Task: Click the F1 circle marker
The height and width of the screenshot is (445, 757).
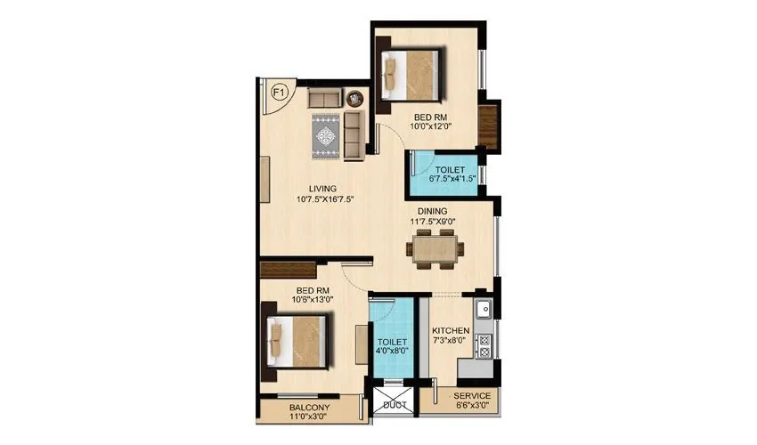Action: tap(278, 92)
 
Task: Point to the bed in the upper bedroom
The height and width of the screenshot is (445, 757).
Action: tap(411, 77)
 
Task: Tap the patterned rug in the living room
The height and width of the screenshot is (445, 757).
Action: tap(326, 136)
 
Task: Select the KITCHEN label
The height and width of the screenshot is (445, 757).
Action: tap(451, 331)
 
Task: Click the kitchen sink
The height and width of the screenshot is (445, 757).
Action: tap(484, 311)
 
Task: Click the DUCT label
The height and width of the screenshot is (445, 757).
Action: tap(395, 404)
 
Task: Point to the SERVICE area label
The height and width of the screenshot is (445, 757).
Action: tap(472, 396)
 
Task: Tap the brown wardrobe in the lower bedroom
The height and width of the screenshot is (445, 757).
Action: tap(289, 270)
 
